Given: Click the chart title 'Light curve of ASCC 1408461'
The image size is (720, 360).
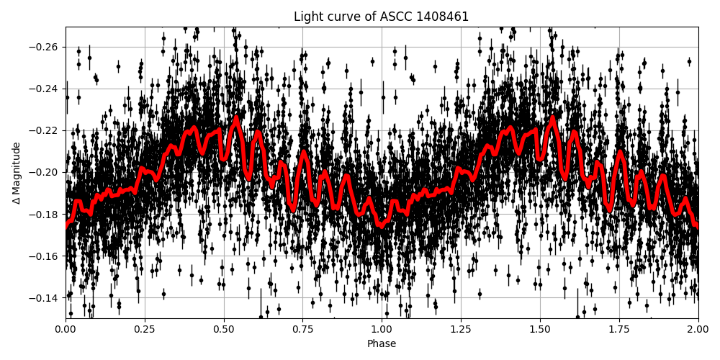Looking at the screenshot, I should coord(381,17).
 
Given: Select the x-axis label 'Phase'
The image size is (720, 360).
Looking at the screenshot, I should coord(382,344).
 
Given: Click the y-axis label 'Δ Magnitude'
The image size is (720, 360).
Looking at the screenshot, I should coord(17,173).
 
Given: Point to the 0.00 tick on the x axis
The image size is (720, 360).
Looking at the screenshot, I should coord(66,330).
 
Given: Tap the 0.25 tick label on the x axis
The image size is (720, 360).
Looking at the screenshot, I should coord(145,330).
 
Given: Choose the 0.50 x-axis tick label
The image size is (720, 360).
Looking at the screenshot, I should coord(224,330).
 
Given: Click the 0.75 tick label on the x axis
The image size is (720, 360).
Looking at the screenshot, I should coord(302,330).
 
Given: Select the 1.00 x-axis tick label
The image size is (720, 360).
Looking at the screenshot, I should coord(382,330).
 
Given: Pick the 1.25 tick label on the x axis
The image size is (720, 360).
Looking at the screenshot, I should coord(461,330).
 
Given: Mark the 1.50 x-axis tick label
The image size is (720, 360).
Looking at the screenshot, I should coord(540,330).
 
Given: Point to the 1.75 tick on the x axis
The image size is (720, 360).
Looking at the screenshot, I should coord(619,330).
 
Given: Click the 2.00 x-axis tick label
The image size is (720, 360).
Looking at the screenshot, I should coord(698,330).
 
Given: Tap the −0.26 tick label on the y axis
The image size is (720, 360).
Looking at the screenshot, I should coord(45,47).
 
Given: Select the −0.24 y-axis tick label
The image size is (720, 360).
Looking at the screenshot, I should coord(45,89).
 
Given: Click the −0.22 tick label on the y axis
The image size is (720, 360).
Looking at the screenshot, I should coord(45,130).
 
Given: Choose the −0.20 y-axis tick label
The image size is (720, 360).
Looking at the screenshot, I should coord(45,172).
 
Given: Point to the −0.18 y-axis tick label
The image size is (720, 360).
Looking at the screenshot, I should coord(45,215).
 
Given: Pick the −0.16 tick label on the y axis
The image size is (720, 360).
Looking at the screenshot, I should coord(45,256).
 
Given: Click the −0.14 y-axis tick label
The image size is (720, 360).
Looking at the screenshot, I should coord(45,298).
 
